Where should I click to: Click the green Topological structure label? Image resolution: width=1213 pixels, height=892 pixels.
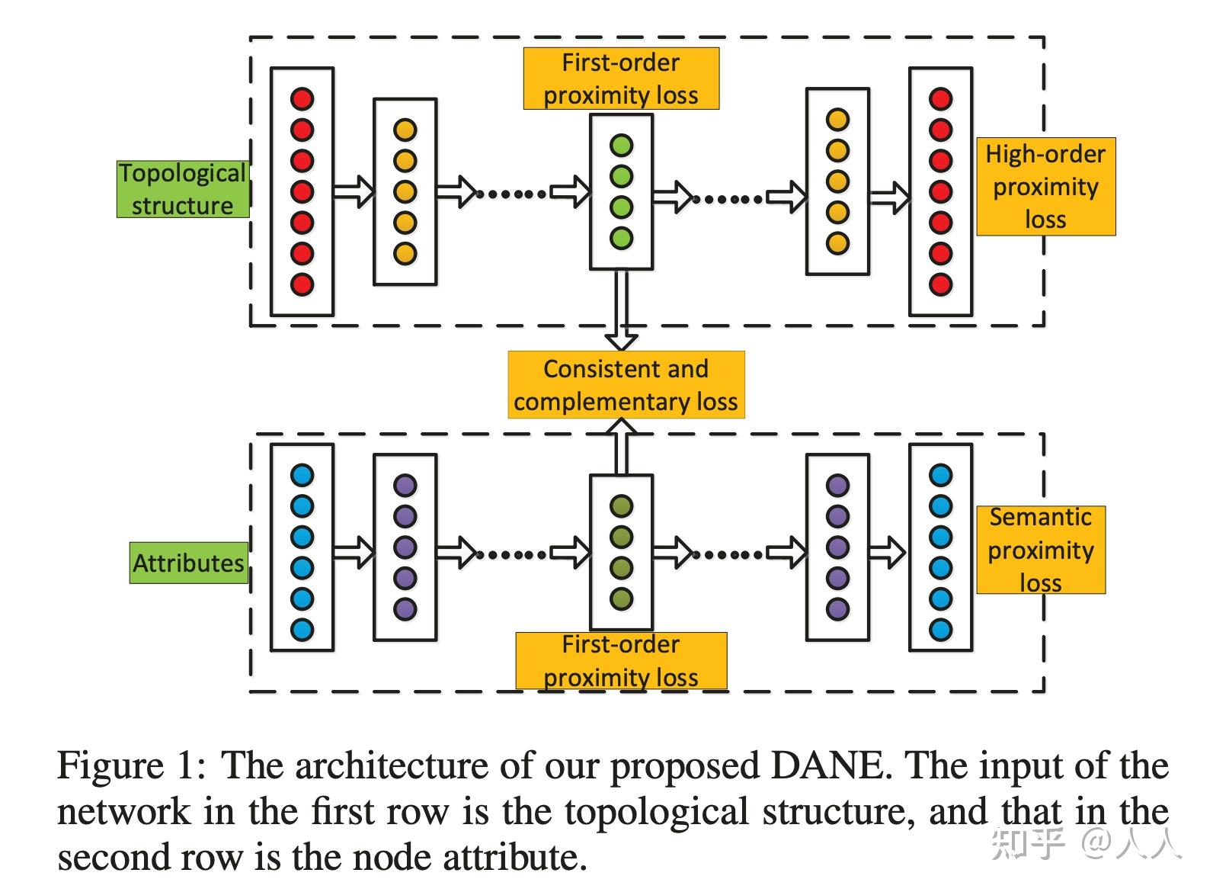click(183, 189)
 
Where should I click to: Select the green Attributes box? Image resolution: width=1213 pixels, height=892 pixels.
click(188, 563)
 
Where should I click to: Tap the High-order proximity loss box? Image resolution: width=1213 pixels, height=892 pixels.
click(1045, 187)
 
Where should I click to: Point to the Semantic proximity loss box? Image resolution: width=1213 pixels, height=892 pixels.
click(1041, 550)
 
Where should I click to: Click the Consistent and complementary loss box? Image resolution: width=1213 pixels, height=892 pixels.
click(626, 385)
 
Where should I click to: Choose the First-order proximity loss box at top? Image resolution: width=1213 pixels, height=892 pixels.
click(621, 79)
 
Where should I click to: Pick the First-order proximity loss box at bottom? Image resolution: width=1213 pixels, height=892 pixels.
click(621, 661)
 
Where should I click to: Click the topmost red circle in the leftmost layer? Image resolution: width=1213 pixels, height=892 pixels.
click(302, 99)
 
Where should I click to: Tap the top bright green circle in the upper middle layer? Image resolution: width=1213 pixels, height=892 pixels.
click(621, 145)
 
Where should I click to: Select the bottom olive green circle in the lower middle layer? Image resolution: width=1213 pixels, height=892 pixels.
click(621, 598)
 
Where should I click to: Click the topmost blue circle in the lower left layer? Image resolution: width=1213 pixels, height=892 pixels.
click(302, 475)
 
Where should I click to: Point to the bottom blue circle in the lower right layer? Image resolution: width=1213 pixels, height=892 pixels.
click(941, 630)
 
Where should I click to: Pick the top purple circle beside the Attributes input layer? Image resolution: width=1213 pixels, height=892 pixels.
click(405, 486)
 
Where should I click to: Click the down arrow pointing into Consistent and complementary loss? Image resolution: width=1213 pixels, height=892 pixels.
click(621, 310)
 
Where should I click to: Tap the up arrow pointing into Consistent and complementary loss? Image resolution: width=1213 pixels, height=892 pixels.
click(621, 447)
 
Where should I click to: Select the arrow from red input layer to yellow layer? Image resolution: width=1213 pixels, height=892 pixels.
click(354, 192)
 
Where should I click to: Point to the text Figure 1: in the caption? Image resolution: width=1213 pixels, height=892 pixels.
click(131, 765)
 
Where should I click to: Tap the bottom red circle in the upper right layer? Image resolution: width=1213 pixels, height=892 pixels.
click(941, 285)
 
